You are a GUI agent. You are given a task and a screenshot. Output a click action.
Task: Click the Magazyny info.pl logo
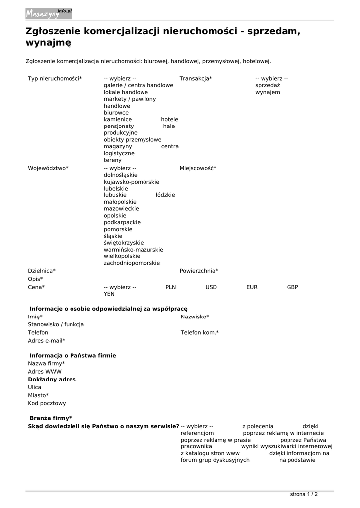49,14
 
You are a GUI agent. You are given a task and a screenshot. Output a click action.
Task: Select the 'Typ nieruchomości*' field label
55,78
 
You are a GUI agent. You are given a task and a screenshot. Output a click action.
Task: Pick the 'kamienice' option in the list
118,120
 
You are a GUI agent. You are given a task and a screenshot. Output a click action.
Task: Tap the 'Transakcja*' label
195,78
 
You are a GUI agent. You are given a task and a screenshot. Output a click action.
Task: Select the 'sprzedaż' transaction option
267,85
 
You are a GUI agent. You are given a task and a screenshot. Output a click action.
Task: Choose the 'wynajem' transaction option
267,92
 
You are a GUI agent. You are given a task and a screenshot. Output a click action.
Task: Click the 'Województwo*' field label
48,168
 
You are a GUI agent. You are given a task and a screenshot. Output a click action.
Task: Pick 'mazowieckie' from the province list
121,209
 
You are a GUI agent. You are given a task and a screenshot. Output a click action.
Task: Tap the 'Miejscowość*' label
198,168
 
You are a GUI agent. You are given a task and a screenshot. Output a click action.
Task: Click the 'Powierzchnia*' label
199,271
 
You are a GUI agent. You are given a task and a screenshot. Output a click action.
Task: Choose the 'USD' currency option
211,287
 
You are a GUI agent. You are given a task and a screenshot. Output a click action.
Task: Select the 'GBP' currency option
292,287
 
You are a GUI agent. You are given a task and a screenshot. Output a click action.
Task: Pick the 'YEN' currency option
109,294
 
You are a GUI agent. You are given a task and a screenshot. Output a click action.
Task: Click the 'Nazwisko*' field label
195,317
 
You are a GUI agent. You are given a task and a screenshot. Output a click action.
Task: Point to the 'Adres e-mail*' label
46,341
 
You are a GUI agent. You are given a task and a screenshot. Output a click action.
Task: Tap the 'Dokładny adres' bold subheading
52,380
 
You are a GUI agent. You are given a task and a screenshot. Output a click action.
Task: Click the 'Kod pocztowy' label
47,403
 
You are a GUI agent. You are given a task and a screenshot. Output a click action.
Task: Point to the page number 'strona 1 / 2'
304,494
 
